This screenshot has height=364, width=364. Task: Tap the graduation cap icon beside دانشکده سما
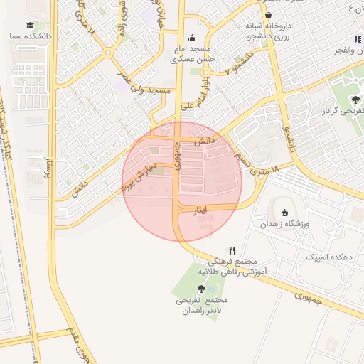tap(30, 25)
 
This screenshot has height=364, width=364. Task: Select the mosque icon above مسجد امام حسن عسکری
tap(191, 38)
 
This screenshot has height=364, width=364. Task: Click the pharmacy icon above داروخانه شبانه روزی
tap(268, 15)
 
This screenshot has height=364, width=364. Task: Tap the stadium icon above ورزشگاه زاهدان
tap(285, 212)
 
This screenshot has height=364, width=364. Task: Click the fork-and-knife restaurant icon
tap(232, 250)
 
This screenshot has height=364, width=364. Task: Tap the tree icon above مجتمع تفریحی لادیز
tap(203, 289)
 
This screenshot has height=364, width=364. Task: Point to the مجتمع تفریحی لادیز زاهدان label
tap(203, 306)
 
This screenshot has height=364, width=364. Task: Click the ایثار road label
tap(202, 209)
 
